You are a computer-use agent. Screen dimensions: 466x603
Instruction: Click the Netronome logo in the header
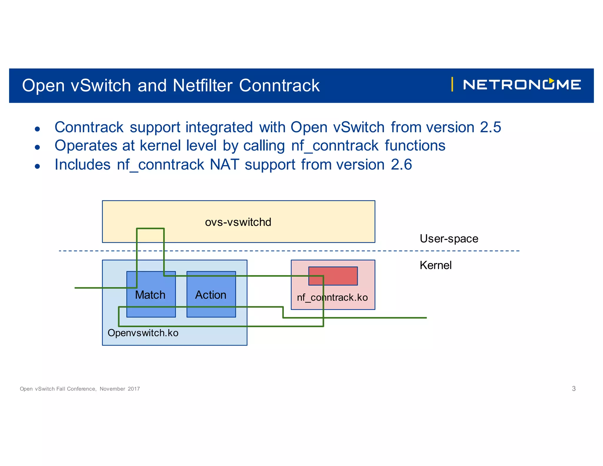click(522, 85)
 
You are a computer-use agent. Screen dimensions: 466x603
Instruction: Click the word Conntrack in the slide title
click(279, 86)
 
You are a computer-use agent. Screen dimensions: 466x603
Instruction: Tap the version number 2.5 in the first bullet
click(490, 127)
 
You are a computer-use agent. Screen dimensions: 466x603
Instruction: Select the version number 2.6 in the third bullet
click(401, 164)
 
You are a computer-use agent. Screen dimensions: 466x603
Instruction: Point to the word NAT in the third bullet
click(224, 164)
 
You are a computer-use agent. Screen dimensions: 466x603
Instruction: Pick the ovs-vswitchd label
click(238, 222)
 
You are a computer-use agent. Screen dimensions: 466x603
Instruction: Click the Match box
click(150, 295)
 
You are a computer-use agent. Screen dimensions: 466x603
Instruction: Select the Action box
click(211, 295)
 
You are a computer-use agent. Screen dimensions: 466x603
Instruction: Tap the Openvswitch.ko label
click(143, 333)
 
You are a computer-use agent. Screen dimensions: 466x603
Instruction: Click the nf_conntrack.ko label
click(332, 298)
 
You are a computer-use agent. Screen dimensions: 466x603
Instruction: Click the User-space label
click(449, 239)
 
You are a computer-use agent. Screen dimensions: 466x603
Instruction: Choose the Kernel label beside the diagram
click(435, 265)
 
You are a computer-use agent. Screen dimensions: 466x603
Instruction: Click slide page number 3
click(574, 389)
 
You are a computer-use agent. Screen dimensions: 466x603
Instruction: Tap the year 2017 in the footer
click(134, 389)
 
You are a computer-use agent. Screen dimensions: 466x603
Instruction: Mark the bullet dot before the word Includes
click(37, 166)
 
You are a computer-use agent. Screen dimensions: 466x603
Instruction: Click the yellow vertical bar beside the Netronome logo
click(452, 85)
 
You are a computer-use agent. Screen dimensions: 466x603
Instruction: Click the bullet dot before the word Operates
click(37, 147)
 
